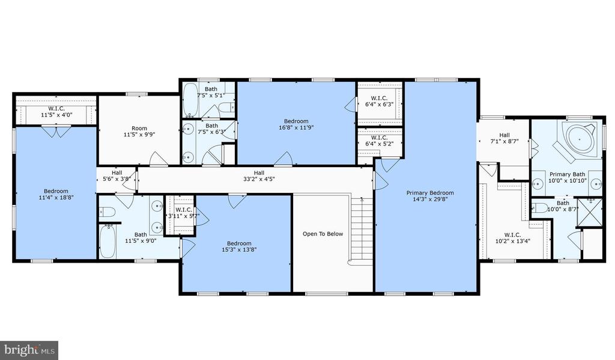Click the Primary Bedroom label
430,196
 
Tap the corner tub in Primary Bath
579,139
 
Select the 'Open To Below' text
323,234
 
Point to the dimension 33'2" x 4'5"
259,179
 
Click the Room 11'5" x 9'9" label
139,131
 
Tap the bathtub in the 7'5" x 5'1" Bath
191,100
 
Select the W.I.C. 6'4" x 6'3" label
380,102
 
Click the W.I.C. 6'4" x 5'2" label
380,141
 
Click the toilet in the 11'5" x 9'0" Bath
107,212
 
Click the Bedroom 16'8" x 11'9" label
296,124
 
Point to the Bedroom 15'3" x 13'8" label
239,246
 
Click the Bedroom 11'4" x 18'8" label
56,194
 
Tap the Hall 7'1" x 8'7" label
504,138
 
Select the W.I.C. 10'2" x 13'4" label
513,238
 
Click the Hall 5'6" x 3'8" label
117,175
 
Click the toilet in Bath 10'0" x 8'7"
541,208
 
